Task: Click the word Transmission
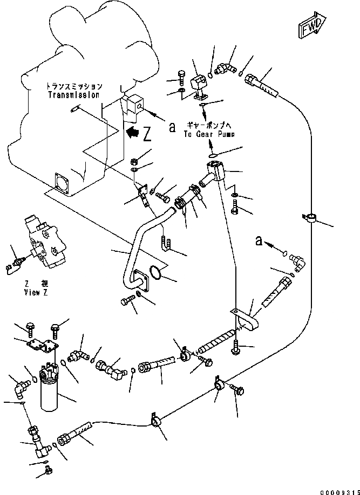pyautogui.click(x=74, y=95)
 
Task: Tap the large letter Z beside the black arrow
pyautogui.click(x=147, y=133)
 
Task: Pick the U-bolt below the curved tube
pyautogui.click(x=166, y=243)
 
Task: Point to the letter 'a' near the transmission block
pyautogui.click(x=172, y=127)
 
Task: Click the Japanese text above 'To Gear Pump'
pyautogui.click(x=206, y=123)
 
